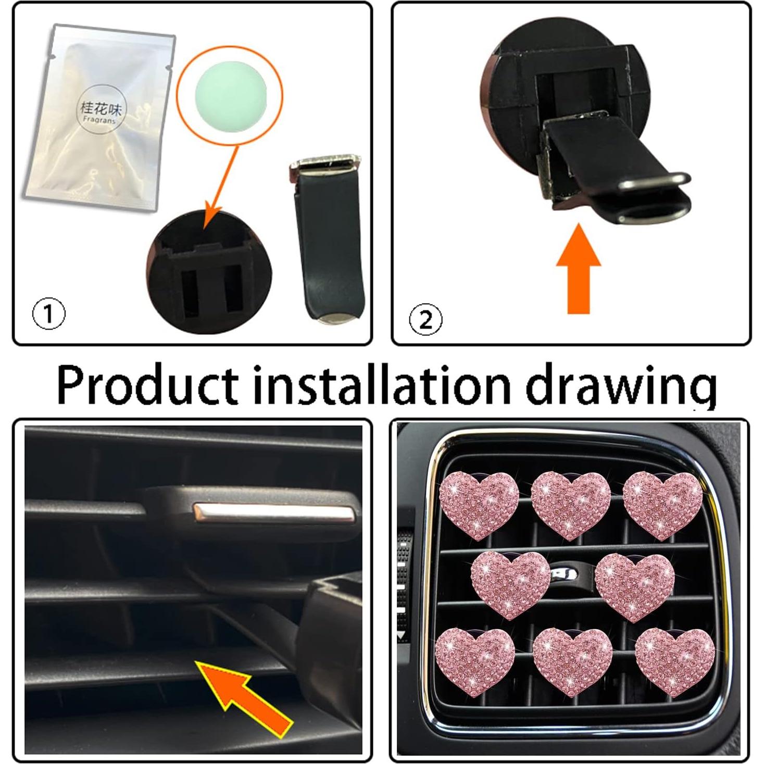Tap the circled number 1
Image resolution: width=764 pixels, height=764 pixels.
pyautogui.click(x=49, y=314)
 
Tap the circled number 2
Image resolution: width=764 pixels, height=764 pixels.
pyautogui.click(x=425, y=319)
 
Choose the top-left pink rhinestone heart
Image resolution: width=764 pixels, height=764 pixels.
pyautogui.click(x=479, y=503)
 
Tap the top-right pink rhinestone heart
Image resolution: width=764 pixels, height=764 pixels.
pyautogui.click(x=662, y=503)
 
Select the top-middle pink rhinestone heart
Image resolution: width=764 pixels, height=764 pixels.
pyautogui.click(x=571, y=503)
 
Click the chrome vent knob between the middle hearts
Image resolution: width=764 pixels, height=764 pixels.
pyautogui.click(x=565, y=573)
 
